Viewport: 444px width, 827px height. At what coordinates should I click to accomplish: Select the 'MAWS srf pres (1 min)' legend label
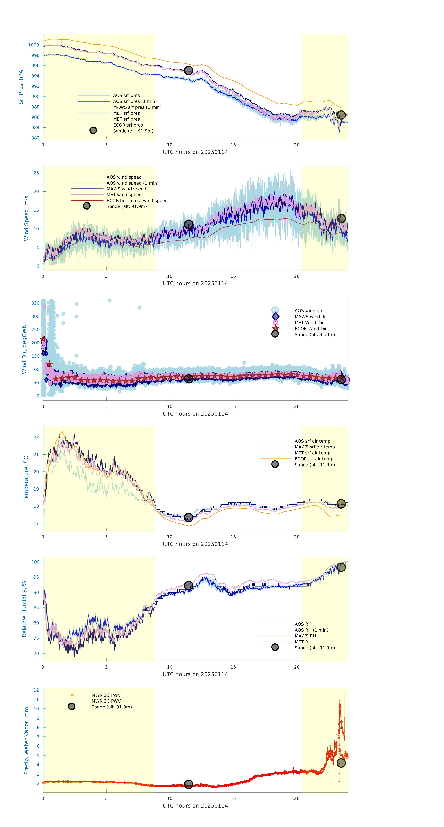tap(137, 107)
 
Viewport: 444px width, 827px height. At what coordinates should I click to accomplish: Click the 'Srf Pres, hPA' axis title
tap(21, 87)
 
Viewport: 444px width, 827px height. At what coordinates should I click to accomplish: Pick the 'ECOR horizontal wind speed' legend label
tap(137, 201)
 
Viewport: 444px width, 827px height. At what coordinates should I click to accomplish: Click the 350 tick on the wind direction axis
tap(35, 303)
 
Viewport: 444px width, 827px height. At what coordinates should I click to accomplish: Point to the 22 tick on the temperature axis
tap(36, 437)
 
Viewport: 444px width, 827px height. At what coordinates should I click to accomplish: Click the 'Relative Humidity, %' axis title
tap(24, 609)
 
